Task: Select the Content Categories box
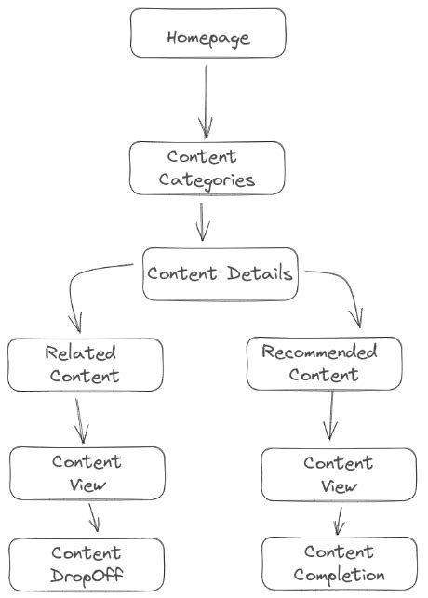pyautogui.click(x=207, y=168)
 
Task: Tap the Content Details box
pyautogui.click(x=220, y=274)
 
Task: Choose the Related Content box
pyautogui.click(x=85, y=365)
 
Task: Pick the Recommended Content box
pyautogui.click(x=324, y=364)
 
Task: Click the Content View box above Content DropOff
pyautogui.click(x=87, y=473)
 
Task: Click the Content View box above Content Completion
pyautogui.click(x=338, y=474)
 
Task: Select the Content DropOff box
pyautogui.click(x=87, y=565)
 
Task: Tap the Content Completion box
pyautogui.click(x=338, y=564)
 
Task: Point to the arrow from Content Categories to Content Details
pyautogui.click(x=203, y=220)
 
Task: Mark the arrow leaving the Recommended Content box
pyautogui.click(x=330, y=414)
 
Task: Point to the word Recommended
pyautogui.click(x=319, y=352)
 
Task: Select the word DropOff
pyautogui.click(x=87, y=576)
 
